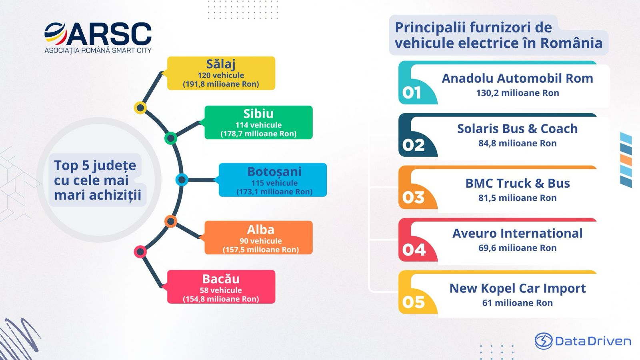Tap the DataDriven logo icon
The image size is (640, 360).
coord(544,341)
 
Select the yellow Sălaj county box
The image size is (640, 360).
coord(221,73)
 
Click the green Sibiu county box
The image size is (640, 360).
coord(258,122)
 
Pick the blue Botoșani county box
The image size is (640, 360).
coord(273,180)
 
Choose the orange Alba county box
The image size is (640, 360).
coord(258,238)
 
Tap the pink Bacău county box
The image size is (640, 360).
coord(221,287)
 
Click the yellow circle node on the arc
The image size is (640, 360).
coord(140,108)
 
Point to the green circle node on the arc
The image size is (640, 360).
coord(171,138)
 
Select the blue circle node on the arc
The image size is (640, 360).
coord(182,180)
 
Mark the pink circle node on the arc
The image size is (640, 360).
coord(140,252)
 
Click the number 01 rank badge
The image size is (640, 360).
coord(412,92)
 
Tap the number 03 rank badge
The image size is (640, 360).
coord(413,197)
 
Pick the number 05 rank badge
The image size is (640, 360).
coord(413,302)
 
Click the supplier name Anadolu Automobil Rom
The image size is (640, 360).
coord(518,78)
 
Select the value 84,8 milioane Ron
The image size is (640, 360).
coord(518,143)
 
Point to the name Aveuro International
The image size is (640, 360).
coord(518,234)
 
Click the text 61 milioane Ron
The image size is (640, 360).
coord(518,303)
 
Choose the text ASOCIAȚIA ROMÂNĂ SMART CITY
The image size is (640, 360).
coord(98,50)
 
